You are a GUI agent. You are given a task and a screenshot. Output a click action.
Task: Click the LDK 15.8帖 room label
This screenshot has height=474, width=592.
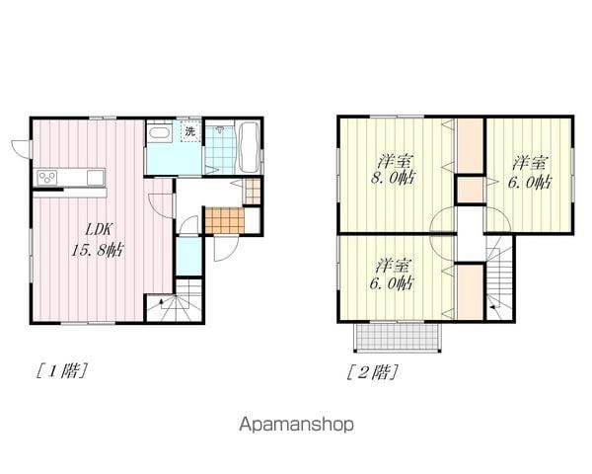point(98,240)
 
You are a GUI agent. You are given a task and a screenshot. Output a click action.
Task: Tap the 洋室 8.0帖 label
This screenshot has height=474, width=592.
point(394,169)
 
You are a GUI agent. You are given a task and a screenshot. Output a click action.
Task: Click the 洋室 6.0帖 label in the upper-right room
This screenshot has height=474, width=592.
point(530,173)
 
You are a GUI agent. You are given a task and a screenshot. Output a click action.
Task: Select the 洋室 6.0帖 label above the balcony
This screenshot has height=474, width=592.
point(392,275)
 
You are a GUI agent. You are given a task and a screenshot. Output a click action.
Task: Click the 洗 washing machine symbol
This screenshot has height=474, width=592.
point(190,131)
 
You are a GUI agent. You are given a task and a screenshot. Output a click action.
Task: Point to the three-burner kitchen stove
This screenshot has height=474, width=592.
point(47,178)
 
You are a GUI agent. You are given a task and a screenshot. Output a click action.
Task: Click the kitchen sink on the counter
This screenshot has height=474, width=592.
point(96,178)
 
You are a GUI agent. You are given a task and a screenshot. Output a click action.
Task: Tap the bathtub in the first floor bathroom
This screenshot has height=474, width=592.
point(249,147)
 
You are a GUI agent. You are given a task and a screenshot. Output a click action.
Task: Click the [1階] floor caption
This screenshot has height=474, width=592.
point(62,370)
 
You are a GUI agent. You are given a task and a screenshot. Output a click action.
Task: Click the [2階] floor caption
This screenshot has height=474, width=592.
point(373,372)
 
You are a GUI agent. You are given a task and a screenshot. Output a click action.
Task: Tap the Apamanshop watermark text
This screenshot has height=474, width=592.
point(296,425)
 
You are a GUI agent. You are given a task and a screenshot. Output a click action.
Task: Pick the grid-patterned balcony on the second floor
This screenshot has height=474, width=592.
point(398,337)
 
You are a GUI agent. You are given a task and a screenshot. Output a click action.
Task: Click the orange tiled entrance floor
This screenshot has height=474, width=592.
point(225,220)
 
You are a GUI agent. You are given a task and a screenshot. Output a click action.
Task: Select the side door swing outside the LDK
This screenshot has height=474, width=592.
point(21,149)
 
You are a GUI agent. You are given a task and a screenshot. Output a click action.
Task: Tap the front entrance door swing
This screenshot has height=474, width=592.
point(226,248)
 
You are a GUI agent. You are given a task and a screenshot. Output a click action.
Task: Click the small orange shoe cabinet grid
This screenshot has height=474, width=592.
point(253,191)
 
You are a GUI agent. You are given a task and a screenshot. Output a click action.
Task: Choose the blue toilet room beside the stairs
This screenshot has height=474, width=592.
point(188,257)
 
